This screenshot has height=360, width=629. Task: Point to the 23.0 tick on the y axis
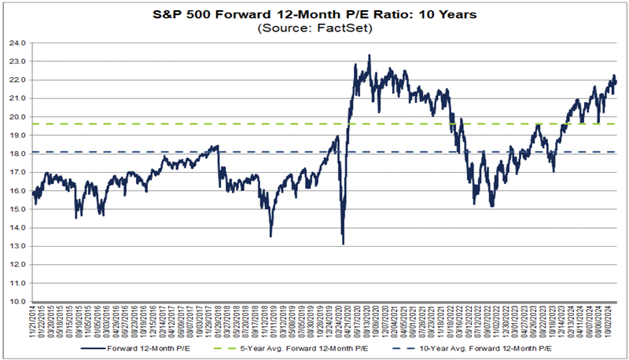tap(17, 61)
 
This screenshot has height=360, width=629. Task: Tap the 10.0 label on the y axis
tap(17, 301)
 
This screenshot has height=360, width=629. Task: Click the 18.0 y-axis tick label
tap(17, 153)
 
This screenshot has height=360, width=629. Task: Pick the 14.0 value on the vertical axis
tap(17, 227)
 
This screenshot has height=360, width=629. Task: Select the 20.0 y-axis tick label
tap(17, 116)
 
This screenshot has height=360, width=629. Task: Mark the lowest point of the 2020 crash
tap(343, 244)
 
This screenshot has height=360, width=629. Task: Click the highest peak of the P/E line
tap(370, 55)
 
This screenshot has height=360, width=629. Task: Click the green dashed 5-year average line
tap(197, 123)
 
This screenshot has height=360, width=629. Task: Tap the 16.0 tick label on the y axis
tap(17, 190)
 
